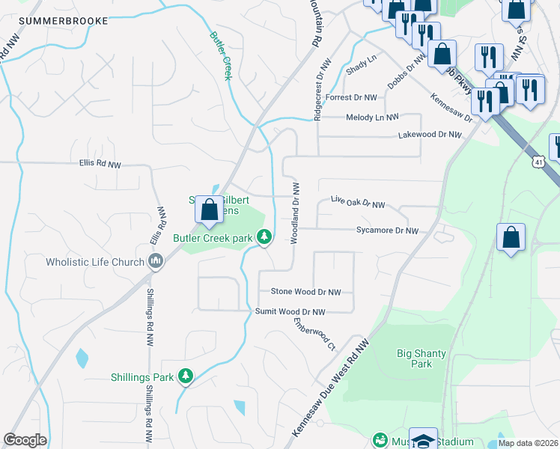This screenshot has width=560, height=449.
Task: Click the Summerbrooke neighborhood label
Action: click(x=64, y=21)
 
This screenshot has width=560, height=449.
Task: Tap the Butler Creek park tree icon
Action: click(x=264, y=237)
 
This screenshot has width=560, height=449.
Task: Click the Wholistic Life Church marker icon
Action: click(x=155, y=261)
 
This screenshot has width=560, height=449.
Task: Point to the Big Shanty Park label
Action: click(x=416, y=358)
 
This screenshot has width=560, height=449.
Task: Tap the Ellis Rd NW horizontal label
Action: click(x=100, y=163)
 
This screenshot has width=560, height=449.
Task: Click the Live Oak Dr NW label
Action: click(x=358, y=204)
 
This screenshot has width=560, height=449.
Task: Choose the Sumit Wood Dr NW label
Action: click(x=290, y=311)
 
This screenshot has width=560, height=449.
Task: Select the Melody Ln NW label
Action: click(x=372, y=117)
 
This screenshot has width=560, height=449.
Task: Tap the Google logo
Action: click(x=25, y=440)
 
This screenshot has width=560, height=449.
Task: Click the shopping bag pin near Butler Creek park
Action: click(x=209, y=209)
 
